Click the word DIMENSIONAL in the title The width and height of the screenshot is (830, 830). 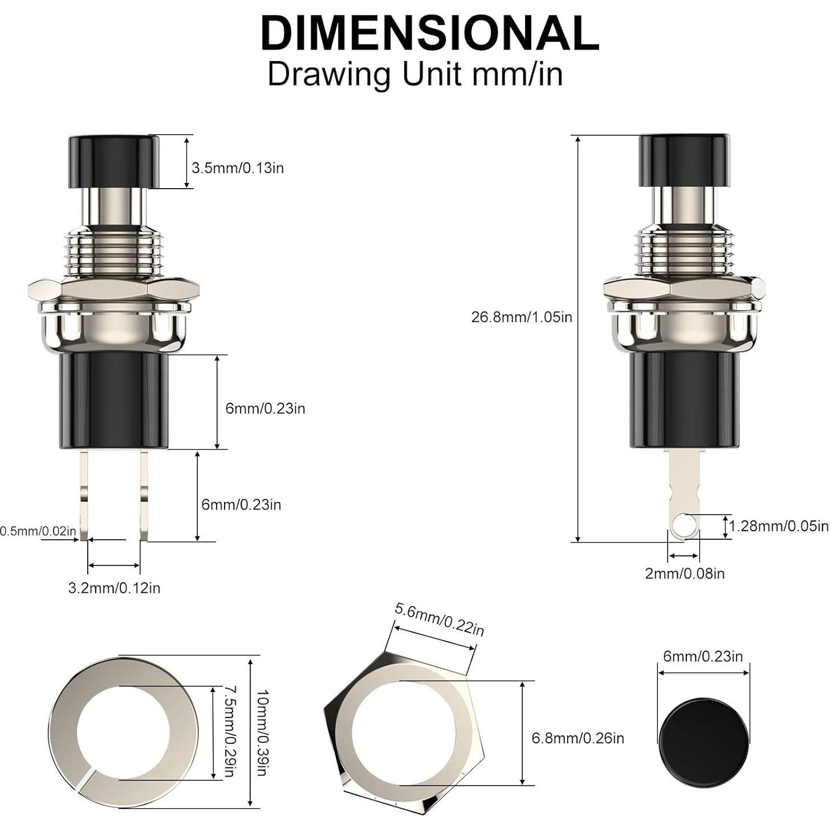point(429,34)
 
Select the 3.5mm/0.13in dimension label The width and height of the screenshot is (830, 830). point(237,168)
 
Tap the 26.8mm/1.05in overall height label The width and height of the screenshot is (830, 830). point(521,317)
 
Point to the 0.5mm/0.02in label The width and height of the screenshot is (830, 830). point(38,531)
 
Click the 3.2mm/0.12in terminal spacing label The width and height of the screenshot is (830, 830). point(114,588)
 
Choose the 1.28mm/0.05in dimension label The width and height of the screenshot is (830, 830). point(779,526)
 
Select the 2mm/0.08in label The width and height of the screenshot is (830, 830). point(685,573)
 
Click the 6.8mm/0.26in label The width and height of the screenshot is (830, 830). point(577,738)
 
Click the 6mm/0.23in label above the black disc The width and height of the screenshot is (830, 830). point(703,657)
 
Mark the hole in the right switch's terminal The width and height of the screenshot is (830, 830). point(685,522)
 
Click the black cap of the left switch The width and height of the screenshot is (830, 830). point(113,161)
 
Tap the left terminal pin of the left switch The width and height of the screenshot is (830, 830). point(84,494)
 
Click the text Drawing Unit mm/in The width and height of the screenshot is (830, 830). point(415,74)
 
